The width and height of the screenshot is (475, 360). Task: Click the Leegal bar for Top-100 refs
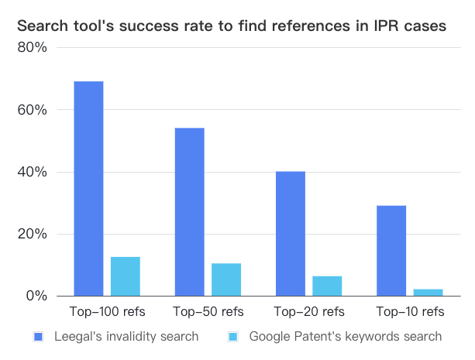[x=89, y=188]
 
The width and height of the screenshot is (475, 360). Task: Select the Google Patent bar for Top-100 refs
[x=126, y=276]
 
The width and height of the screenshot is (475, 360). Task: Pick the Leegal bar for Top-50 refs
[x=190, y=211]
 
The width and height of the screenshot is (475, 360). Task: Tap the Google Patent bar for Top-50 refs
[x=226, y=279]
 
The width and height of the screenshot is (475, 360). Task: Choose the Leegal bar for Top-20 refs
[x=291, y=233]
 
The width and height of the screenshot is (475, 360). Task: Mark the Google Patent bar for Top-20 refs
[x=327, y=286]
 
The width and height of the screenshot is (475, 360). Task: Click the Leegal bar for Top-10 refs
[x=391, y=250]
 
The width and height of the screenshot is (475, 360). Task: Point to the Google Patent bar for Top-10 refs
[x=428, y=292]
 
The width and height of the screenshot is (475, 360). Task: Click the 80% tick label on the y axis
[x=34, y=48]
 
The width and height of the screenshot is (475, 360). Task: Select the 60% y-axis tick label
[x=34, y=110]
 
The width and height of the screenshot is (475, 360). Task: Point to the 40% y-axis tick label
[x=34, y=172]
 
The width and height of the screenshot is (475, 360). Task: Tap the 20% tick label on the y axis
[x=34, y=234]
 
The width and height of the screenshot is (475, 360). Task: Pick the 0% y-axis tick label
[x=38, y=296]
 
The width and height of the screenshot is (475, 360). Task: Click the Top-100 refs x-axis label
[x=107, y=312]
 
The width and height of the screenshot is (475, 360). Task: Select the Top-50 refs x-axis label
[x=208, y=312]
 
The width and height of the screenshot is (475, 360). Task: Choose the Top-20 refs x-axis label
[x=308, y=312]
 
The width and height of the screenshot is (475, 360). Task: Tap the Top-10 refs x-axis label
[x=409, y=312]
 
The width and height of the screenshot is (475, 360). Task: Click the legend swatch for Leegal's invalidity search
[x=38, y=337]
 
